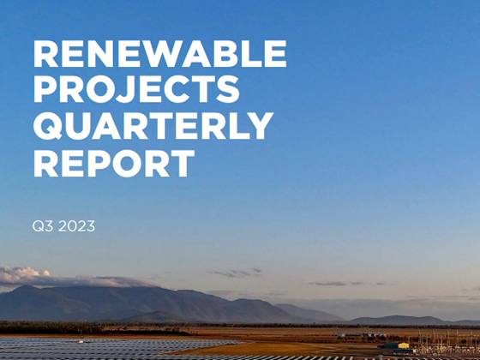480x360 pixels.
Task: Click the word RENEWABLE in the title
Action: [160, 53]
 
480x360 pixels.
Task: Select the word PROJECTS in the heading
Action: [136, 89]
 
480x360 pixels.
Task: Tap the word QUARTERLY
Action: [153, 126]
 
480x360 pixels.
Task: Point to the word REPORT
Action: [114, 163]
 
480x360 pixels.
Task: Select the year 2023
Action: [76, 226]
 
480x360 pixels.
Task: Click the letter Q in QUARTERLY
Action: [48, 126]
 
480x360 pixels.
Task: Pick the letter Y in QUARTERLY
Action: [260, 126]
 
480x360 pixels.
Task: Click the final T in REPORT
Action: [182, 163]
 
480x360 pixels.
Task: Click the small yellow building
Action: [402, 345]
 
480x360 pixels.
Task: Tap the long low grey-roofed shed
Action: [361, 334]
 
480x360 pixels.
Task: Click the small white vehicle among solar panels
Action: [81, 341]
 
